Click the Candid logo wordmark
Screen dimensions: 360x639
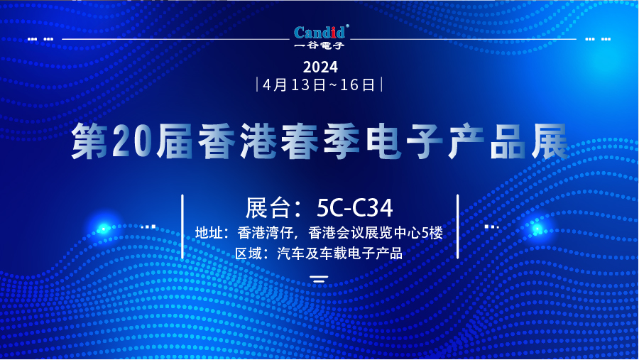pos(319,32)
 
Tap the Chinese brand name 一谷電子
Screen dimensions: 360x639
pos(319,45)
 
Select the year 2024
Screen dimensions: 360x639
pos(320,67)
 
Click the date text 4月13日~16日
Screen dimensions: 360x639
pos(319,85)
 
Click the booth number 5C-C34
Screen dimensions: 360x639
pos(355,207)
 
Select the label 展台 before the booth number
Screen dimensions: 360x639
pos(268,207)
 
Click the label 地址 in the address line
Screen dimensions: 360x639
pos(209,233)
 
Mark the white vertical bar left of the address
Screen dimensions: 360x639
pos(182,227)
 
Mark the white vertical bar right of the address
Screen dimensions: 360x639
pos(458,227)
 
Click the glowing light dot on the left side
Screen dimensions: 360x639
pos(104,229)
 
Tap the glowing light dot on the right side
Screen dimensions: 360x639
pos(537,229)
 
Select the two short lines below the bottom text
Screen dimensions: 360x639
pos(319,279)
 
